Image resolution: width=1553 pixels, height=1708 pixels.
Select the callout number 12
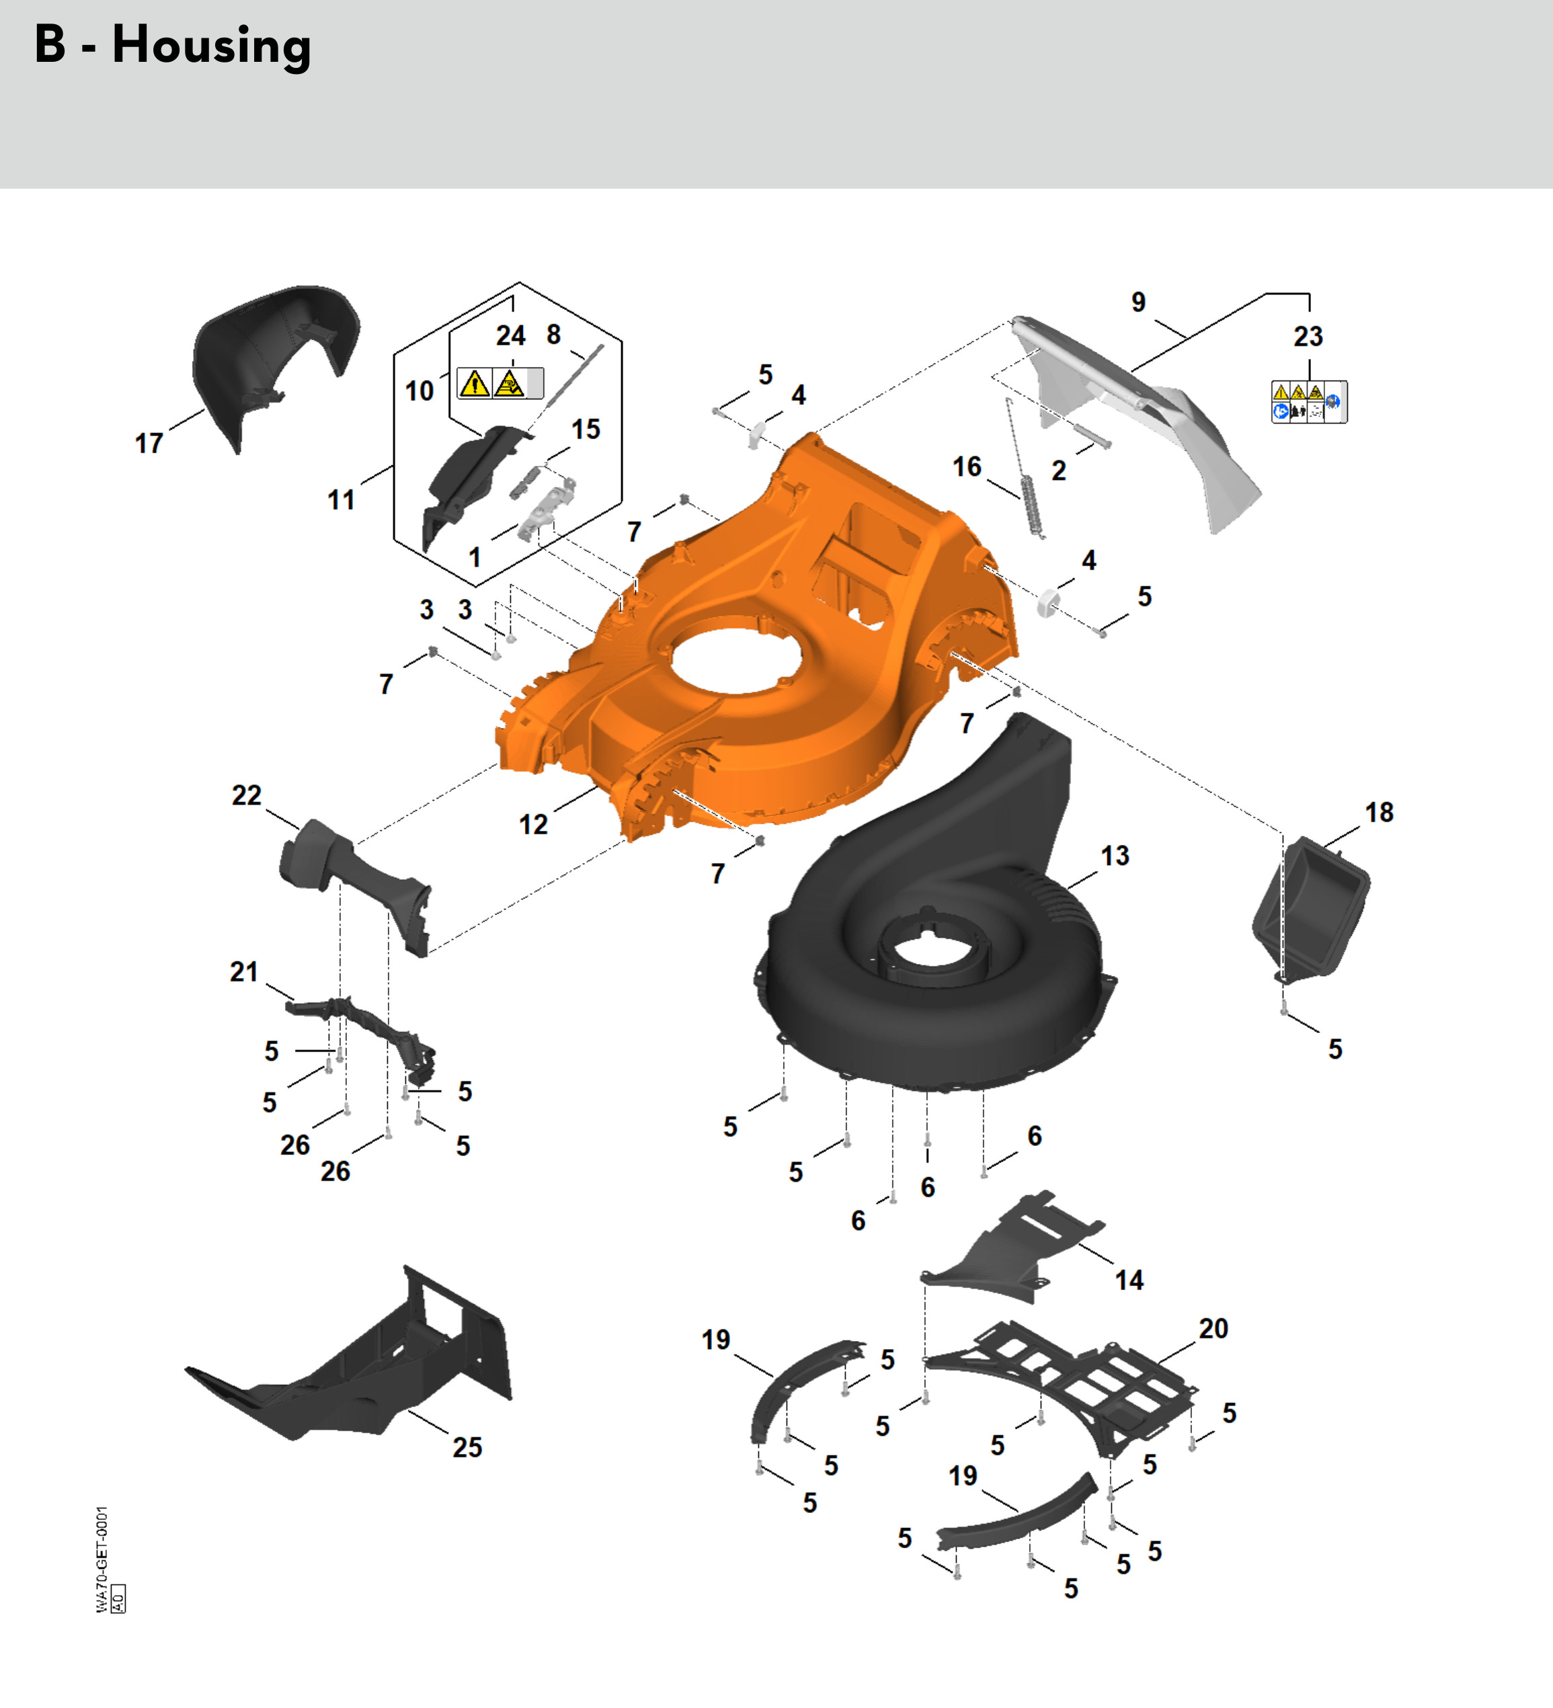pyautogui.click(x=533, y=824)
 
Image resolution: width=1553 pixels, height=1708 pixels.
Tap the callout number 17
pyautogui.click(x=149, y=443)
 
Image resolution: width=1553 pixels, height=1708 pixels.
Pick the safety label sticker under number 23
pyautogui.click(x=1309, y=401)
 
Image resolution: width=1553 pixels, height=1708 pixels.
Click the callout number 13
pyautogui.click(x=1115, y=856)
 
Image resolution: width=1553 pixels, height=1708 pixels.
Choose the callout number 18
pyautogui.click(x=1380, y=813)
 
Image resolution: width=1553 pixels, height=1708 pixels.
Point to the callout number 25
pyautogui.click(x=467, y=1447)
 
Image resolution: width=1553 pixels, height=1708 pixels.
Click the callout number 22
pyautogui.click(x=247, y=796)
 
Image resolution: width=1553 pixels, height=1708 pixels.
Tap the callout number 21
pyautogui.click(x=244, y=972)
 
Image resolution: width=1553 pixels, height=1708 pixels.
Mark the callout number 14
pyautogui.click(x=1129, y=1280)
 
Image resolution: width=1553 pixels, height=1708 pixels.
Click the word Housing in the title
pyautogui.click(x=212, y=46)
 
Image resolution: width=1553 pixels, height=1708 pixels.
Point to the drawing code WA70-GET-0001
pyautogui.click(x=102, y=1559)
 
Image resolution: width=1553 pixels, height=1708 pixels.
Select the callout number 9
pyautogui.click(x=1139, y=302)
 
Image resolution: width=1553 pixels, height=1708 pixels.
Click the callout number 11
pyautogui.click(x=341, y=500)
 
